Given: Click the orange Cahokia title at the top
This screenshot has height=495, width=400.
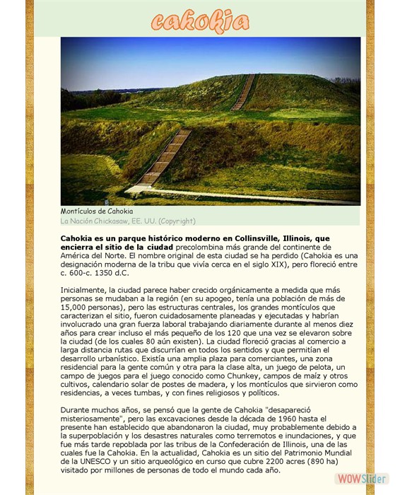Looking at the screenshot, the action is (200, 22).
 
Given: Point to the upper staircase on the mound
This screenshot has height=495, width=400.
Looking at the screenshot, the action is (244, 92).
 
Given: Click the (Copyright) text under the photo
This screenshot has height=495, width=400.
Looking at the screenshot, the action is (176, 221).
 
